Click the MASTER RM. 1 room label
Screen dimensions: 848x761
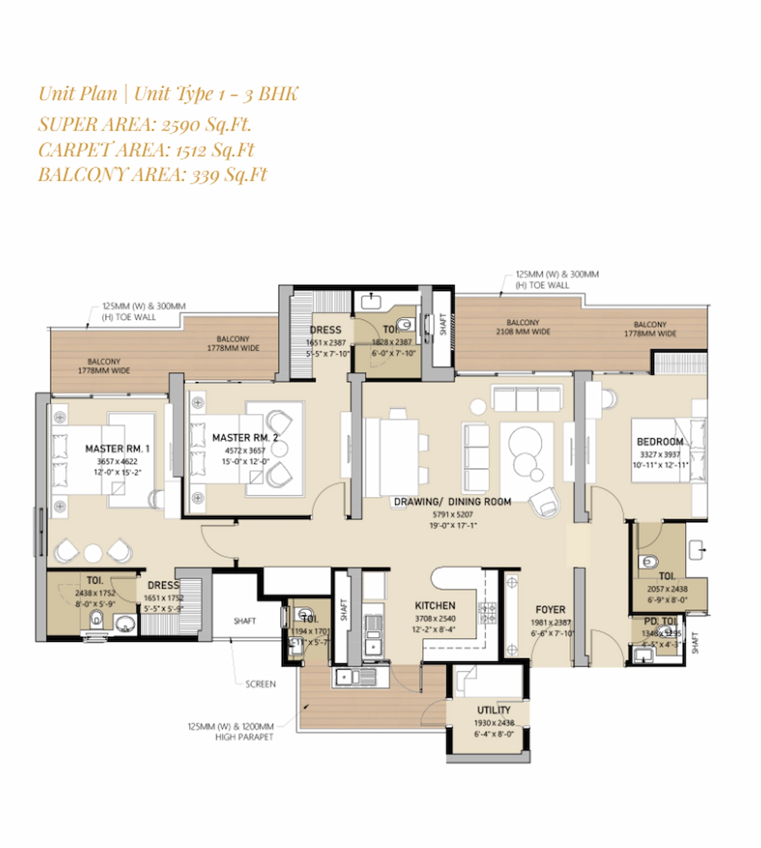pos(117,449)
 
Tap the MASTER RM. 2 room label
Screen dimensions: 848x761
pos(245,438)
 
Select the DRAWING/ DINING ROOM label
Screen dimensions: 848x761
pos(452,502)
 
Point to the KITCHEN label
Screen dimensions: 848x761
pos(435,606)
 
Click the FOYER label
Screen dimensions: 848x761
pos(550,610)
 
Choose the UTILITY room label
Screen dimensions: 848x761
pos(494,710)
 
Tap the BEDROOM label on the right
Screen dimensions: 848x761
pos(660,441)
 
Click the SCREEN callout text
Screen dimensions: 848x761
pos(260,684)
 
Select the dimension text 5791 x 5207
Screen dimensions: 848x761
pos(453,515)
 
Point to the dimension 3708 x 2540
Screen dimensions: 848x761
pos(435,618)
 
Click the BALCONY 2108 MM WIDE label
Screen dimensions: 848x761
pos(523,327)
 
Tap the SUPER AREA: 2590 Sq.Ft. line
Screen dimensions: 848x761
pos(145,124)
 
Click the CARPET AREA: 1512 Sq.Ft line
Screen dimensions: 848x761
pos(146,149)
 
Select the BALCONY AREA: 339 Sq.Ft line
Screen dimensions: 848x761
pos(152,174)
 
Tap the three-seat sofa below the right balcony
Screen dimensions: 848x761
pos(527,398)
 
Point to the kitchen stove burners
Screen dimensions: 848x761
pos(487,613)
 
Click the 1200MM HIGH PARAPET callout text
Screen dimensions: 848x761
pos(231,731)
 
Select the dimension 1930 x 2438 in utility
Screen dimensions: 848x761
pos(494,723)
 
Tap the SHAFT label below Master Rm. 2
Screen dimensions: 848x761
pos(244,621)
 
